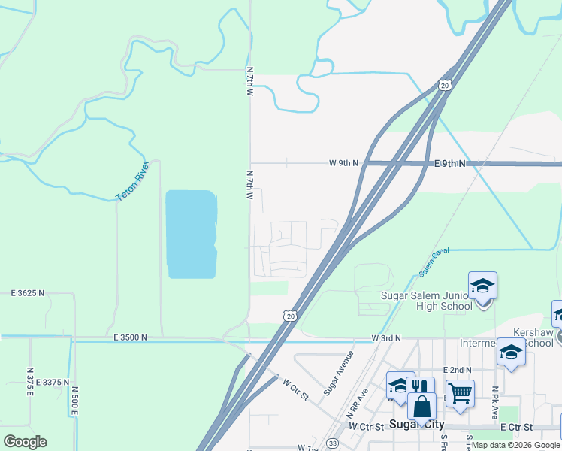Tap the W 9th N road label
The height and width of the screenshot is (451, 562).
tap(344, 163)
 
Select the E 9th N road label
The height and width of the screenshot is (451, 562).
tap(450, 163)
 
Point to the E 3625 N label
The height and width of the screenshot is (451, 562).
tap(27, 292)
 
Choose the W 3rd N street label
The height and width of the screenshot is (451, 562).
tap(386, 339)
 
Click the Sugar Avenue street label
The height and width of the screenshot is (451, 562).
tap(338, 373)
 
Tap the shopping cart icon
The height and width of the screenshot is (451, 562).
tap(460, 391)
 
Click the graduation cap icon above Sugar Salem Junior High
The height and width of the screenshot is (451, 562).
tap(482, 286)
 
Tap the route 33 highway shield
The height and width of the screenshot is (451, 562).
tap(332, 444)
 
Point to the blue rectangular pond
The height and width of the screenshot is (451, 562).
tap(191, 234)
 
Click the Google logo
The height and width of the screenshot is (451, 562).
tap(25, 442)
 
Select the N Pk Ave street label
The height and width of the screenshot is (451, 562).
tap(495, 399)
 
